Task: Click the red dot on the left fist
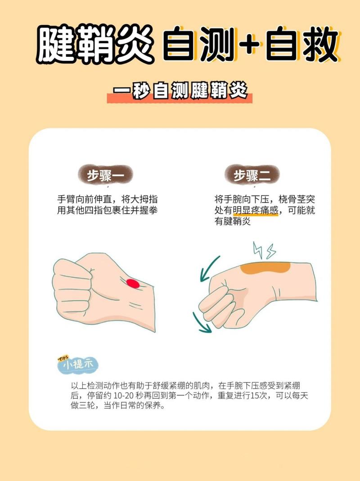point(132,283)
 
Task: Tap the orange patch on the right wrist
point(264,269)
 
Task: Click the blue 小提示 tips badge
point(78,365)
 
